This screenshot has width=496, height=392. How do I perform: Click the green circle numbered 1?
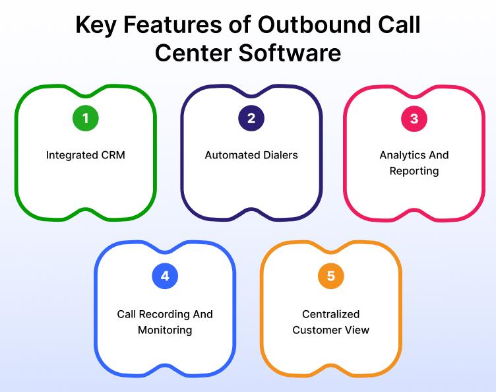(85, 119)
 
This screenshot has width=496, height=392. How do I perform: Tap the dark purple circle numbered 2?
(251, 119)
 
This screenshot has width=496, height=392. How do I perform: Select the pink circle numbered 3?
(414, 119)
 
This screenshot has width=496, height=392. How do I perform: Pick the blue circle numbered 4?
(165, 277)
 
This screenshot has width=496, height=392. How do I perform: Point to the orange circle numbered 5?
(331, 277)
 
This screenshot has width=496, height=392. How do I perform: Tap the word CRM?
(112, 156)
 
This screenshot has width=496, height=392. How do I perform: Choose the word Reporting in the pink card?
(414, 172)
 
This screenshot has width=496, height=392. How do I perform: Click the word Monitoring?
(165, 330)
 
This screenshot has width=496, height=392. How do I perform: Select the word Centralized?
(331, 315)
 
